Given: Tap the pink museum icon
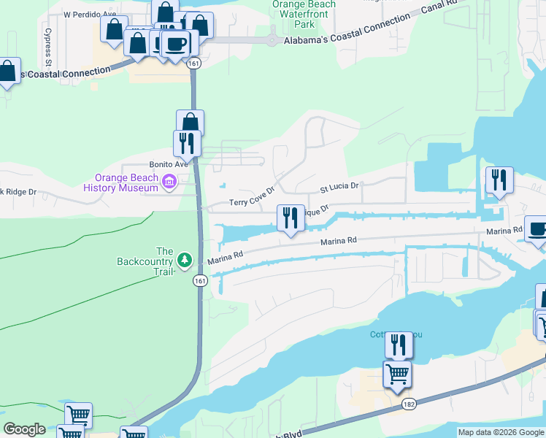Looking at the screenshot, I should [169, 182].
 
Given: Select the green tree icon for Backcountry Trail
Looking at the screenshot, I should [185, 260].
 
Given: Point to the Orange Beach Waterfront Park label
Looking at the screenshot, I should [304, 14].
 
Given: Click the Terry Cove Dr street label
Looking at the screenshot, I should [252, 197].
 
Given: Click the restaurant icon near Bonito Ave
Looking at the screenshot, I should [188, 143].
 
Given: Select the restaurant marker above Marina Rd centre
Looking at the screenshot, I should [291, 218].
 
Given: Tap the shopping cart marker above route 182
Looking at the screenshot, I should [397, 374].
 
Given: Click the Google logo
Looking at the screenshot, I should [24, 429].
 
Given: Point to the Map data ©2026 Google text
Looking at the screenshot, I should [501, 432].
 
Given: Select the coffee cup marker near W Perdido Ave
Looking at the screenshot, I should [175, 44].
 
